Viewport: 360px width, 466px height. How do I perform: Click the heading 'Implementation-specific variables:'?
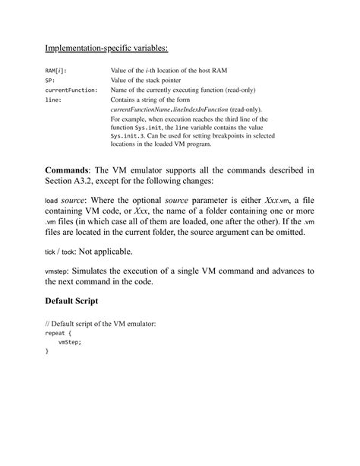click(x=106, y=49)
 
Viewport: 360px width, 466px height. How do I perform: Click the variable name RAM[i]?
click(x=55, y=70)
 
